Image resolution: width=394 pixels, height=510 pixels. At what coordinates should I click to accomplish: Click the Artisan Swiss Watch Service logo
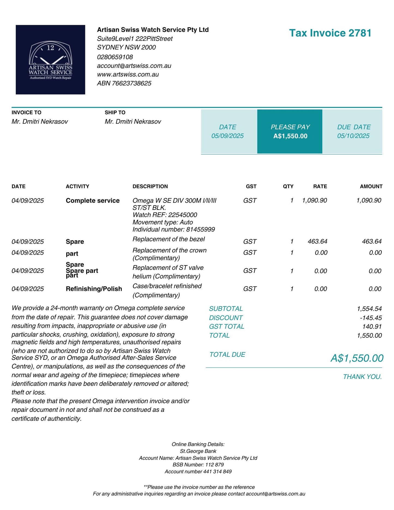[x=50, y=60]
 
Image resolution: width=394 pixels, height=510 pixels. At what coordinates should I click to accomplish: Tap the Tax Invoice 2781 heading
[x=330, y=33]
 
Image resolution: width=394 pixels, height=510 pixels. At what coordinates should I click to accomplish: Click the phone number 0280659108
[x=115, y=57]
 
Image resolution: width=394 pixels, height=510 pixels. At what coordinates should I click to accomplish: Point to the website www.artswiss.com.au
[x=128, y=74]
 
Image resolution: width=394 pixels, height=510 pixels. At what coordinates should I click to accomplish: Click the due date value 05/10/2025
[x=353, y=136]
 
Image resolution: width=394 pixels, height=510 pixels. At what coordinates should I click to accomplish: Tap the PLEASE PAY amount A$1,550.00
[x=290, y=136]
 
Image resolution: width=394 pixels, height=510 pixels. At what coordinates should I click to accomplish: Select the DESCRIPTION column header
[x=150, y=186]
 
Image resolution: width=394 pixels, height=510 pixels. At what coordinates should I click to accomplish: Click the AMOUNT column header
[x=371, y=186]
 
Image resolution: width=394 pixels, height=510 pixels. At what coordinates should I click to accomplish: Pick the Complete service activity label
[x=93, y=201]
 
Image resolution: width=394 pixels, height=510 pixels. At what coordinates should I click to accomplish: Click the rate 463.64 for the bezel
[x=317, y=242]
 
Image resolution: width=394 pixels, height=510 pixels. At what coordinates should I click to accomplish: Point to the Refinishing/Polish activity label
[x=94, y=289]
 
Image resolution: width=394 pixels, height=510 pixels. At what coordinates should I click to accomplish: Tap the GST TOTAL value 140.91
[x=372, y=327]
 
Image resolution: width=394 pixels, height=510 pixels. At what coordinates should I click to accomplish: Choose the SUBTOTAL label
[x=226, y=309]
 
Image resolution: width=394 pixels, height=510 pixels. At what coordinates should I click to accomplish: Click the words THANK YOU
[x=362, y=377]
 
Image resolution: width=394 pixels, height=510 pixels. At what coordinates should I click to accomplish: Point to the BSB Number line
[x=198, y=465]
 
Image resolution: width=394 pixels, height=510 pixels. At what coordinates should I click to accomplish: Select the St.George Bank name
[x=198, y=451]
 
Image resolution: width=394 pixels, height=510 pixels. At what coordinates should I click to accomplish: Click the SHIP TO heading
[x=115, y=113]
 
